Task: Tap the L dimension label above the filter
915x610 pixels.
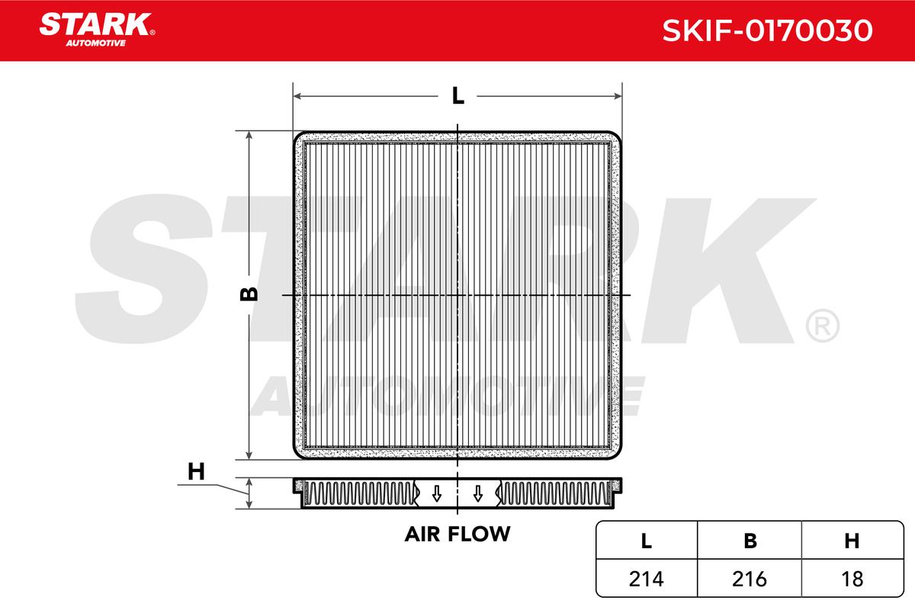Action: coord(457,96)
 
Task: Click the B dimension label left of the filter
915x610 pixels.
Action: coord(249,294)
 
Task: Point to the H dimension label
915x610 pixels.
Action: coord(197,473)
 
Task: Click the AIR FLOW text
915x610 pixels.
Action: coord(457,534)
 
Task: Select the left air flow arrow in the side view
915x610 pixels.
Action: coord(436,493)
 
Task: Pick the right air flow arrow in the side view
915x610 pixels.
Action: coord(477,493)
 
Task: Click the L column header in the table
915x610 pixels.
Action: coord(646,541)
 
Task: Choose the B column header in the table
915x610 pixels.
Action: coord(750,541)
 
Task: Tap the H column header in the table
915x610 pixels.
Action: coord(852,541)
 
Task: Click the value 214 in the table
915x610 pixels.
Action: coord(646,579)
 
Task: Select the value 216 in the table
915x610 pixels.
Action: coord(750,579)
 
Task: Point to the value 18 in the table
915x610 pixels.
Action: coord(852,579)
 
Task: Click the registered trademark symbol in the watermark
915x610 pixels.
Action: coord(821,326)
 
